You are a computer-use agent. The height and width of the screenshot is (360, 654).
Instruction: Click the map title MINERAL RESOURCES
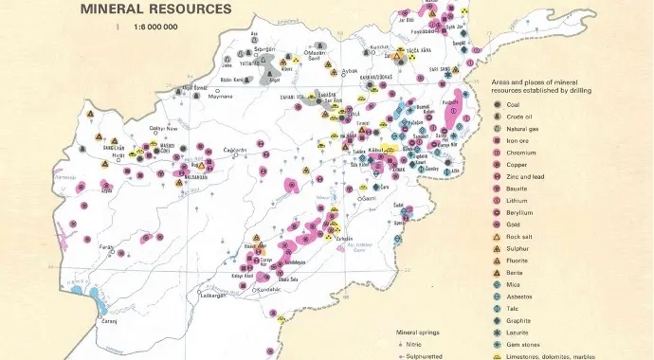click(x=154, y=9)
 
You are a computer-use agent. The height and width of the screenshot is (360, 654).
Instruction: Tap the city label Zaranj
click(x=111, y=321)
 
